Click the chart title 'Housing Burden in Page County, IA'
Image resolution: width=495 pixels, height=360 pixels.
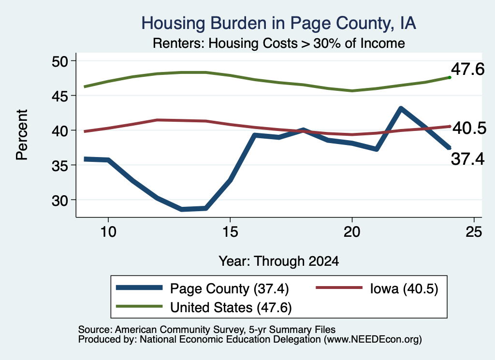pyautogui.click(x=278, y=23)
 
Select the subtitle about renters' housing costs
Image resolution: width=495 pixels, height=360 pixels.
pyautogui.click(x=279, y=43)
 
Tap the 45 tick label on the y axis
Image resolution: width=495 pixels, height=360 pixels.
pyautogui.click(x=60, y=96)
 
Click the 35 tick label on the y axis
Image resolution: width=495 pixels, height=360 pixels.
pyautogui.click(x=60, y=165)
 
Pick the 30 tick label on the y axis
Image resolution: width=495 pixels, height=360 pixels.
pyautogui.click(x=60, y=200)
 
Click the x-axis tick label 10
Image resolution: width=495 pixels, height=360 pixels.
pyautogui.click(x=108, y=232)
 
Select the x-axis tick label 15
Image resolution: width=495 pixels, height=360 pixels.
pyautogui.click(x=230, y=232)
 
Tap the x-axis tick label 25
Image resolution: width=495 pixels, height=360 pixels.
pyautogui.click(x=474, y=232)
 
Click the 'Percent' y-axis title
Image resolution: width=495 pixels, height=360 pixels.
pyautogui.click(x=22, y=135)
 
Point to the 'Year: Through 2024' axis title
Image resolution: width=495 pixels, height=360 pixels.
pyautogui.click(x=279, y=261)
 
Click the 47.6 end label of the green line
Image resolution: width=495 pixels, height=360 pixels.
pyautogui.click(x=467, y=69)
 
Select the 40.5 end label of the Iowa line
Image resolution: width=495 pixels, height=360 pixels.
pyautogui.click(x=469, y=129)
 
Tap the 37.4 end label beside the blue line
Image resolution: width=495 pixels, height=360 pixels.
pyautogui.click(x=467, y=158)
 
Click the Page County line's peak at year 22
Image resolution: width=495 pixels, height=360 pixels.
pyautogui.click(x=401, y=109)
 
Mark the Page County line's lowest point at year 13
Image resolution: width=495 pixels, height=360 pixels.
pyautogui.click(x=182, y=209)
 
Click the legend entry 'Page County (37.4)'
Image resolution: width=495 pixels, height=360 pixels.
pyautogui.click(x=203, y=288)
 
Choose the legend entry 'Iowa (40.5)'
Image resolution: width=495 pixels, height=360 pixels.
pyautogui.click(x=377, y=288)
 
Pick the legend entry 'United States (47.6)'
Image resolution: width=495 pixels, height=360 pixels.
pyautogui.click(x=204, y=307)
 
